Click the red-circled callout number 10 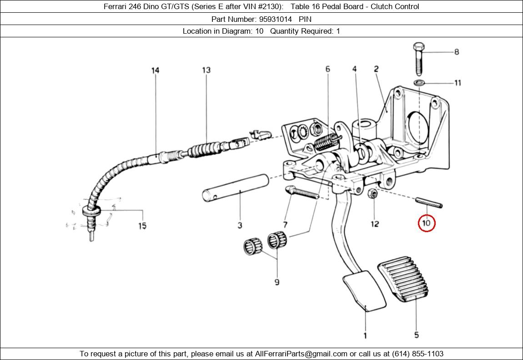tap(426, 223)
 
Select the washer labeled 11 tap(419, 83)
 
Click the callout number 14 tap(156, 70)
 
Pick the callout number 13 tap(206, 70)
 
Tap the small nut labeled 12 tap(371, 194)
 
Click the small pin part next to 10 tap(428, 202)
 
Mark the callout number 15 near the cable tap(142, 225)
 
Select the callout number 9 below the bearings tap(277, 282)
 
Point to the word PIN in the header tap(305, 19)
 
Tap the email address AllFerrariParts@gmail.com tap(301, 354)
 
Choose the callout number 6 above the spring tap(327, 69)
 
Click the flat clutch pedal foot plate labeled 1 tap(364, 291)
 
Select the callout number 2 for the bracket tap(376, 69)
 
